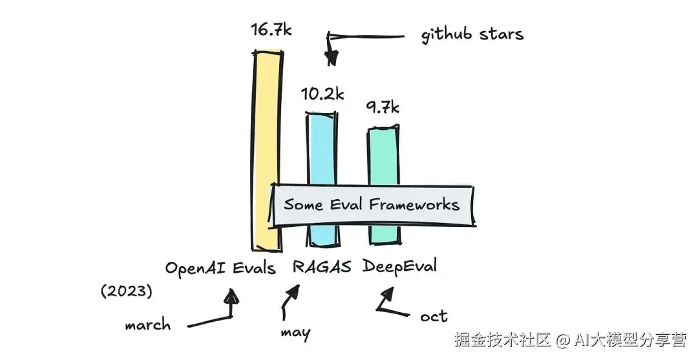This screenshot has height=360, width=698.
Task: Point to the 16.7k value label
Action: (x=271, y=29)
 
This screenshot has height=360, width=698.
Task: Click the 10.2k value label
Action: (x=323, y=94)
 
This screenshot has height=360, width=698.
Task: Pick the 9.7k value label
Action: (x=383, y=107)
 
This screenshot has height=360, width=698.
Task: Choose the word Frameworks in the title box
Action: (x=414, y=204)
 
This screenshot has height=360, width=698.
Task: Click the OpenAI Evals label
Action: (x=220, y=268)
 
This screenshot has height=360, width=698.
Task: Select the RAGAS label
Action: (x=321, y=267)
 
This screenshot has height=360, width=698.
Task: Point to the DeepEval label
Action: (x=399, y=266)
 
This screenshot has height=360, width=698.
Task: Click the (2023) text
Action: (x=127, y=291)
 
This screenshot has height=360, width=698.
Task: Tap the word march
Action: (x=148, y=324)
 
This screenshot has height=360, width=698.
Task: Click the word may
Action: (x=295, y=334)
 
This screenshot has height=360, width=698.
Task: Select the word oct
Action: (x=434, y=317)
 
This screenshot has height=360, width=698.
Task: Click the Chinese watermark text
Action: (x=571, y=340)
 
